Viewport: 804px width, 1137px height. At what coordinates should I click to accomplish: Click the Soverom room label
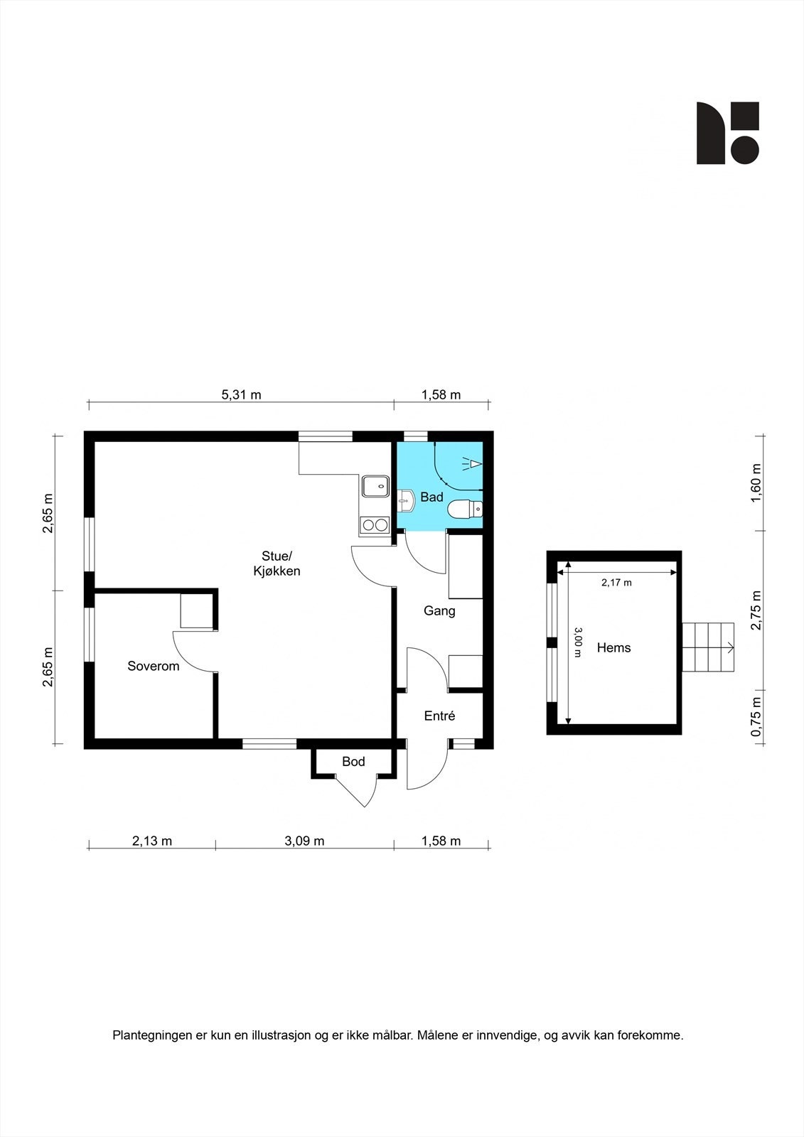(153, 666)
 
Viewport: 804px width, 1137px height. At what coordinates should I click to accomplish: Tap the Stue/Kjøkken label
(277, 564)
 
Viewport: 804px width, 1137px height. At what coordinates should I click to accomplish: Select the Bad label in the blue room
(432, 497)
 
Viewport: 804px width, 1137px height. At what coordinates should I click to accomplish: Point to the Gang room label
(439, 610)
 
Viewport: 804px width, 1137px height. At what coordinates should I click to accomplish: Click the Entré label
(439, 716)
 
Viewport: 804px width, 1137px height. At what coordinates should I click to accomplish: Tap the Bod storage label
(353, 762)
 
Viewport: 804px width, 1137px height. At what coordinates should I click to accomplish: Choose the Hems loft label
(613, 647)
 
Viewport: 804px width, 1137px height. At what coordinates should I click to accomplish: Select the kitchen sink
(375, 486)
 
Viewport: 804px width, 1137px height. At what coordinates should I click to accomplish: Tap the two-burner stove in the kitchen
(375, 525)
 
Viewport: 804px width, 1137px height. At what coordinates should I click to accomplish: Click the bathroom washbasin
(406, 500)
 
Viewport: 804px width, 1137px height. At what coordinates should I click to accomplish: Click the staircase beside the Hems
(708, 647)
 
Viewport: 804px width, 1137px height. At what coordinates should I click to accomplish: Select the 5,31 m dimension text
(242, 395)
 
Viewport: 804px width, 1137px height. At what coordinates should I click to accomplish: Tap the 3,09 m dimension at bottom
(304, 841)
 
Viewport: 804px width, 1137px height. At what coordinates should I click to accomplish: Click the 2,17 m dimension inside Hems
(616, 583)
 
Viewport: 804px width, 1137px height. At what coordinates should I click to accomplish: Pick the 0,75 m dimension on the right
(756, 717)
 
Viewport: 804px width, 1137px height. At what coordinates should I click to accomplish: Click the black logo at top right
(727, 133)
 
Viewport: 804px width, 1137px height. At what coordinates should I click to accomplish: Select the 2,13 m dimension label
(152, 841)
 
